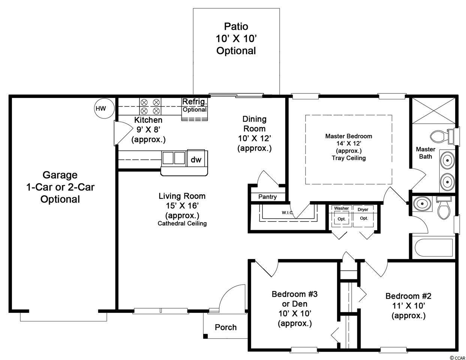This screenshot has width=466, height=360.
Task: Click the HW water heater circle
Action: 104,108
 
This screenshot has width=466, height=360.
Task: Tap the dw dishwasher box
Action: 196,159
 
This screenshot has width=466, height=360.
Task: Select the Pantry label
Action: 267,196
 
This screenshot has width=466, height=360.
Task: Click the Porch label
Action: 226,327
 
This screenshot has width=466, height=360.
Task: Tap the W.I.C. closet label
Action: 288,213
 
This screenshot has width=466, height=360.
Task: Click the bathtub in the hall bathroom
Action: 433,247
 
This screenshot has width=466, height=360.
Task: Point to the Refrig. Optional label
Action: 195,105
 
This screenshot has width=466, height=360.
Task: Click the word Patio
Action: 236,27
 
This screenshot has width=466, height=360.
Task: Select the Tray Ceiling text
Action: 349,158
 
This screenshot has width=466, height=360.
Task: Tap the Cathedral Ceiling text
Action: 182,223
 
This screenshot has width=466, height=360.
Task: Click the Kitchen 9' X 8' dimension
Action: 148,129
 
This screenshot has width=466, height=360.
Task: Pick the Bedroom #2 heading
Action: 408,296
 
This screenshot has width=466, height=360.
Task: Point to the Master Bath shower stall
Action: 434,111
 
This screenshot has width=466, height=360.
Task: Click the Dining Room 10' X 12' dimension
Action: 254,138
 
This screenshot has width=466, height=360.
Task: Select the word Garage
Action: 60,175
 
